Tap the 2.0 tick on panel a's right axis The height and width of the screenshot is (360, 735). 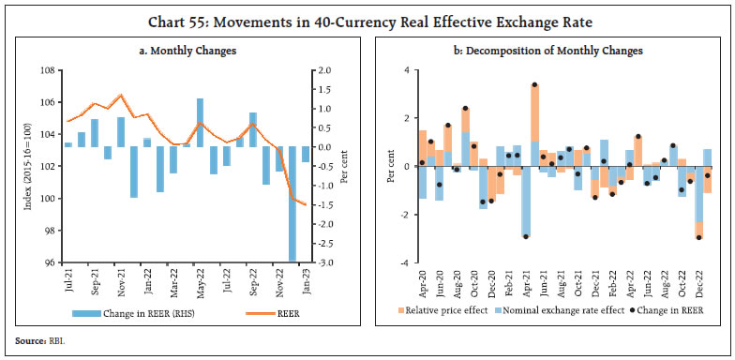coord(322,70)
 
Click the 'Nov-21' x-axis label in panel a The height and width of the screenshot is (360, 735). coord(121,279)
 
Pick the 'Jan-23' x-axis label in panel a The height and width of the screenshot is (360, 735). coord(305,279)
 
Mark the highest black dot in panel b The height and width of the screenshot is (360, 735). coord(534,85)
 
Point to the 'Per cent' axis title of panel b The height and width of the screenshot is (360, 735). coord(390,166)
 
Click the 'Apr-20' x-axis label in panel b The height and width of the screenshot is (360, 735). coord(422,279)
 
